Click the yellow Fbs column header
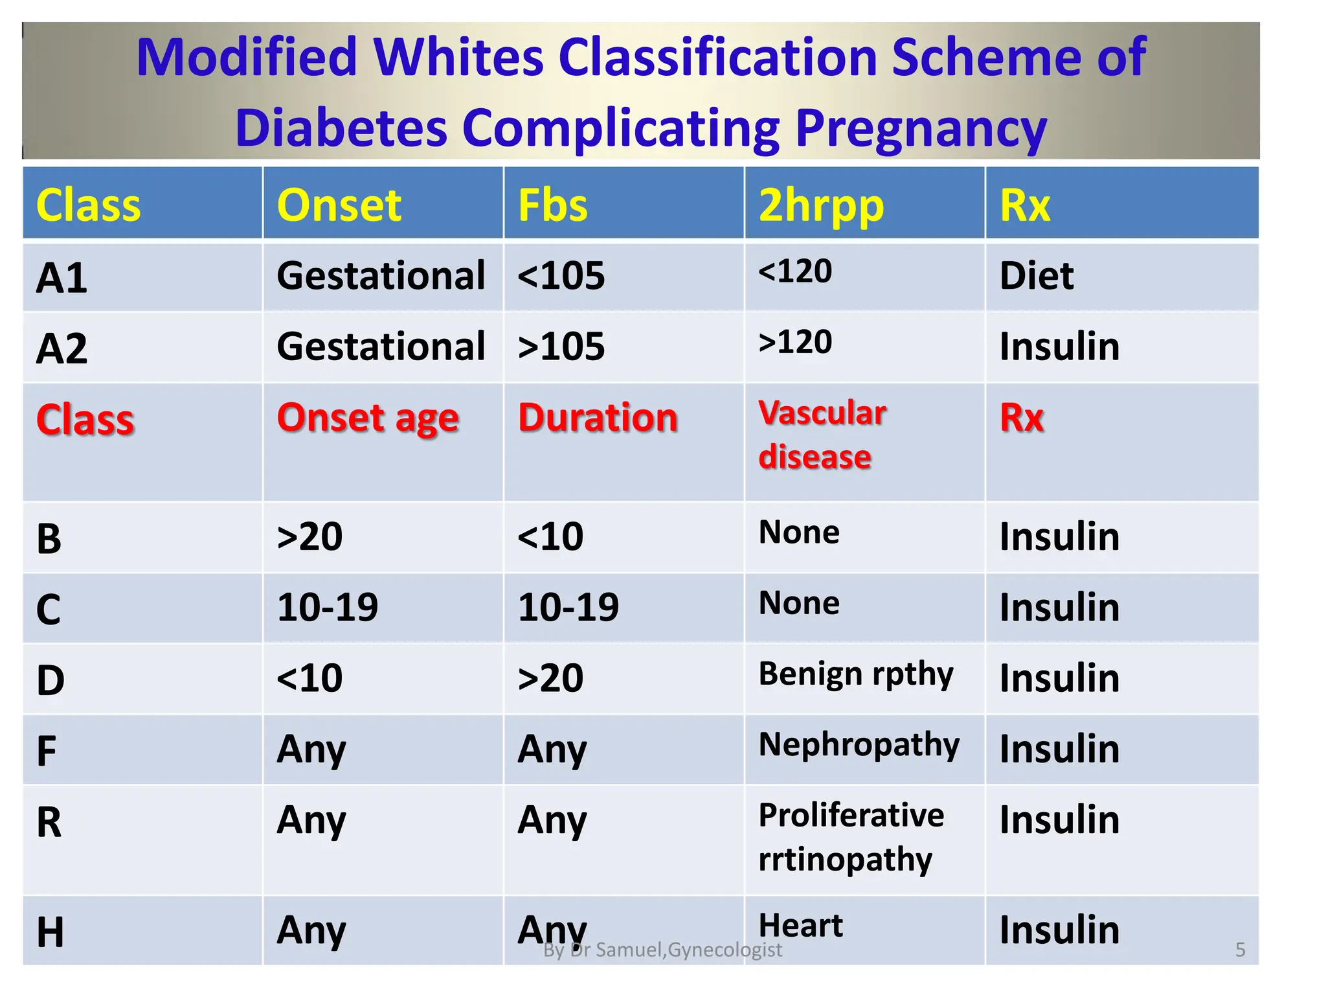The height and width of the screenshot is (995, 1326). [552, 206]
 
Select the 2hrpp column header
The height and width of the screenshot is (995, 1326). [820, 206]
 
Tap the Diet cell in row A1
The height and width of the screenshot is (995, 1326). [1036, 276]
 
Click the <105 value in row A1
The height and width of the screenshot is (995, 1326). [561, 276]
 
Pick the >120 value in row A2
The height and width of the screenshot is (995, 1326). [795, 342]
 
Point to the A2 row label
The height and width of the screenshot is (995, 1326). [62, 349]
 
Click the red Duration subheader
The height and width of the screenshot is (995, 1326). [598, 417]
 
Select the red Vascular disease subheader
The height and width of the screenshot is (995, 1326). [821, 435]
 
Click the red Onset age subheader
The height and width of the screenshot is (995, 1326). [368, 418]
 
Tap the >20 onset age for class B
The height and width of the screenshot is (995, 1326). [309, 537]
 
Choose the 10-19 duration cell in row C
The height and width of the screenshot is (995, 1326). [568, 608]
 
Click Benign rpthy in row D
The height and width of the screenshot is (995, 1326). [855, 674]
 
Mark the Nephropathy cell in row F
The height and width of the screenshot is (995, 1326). [859, 745]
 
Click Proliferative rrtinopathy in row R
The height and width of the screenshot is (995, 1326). [850, 837]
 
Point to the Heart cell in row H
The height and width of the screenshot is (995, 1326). [800, 925]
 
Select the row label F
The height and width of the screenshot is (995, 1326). [47, 751]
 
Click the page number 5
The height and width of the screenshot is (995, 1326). [1240, 950]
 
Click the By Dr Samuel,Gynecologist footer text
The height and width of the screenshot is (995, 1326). [662, 950]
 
